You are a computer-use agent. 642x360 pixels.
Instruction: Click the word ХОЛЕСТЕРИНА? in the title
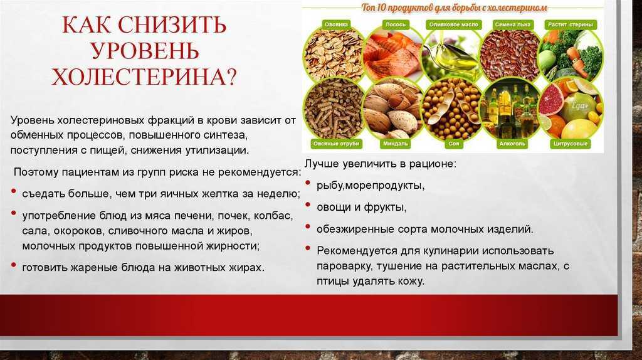click(144, 77)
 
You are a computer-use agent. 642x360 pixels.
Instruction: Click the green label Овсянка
click(336, 24)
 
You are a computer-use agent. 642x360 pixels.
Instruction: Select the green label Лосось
click(395, 24)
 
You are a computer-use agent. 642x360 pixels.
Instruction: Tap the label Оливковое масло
click(454, 24)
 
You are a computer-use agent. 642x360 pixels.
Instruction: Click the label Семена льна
click(513, 24)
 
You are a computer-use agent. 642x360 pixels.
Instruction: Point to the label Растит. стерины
click(571, 24)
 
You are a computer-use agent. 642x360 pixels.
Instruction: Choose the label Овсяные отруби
click(336, 144)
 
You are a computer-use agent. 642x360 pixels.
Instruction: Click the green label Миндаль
click(396, 144)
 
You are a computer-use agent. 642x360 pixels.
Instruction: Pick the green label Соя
click(454, 144)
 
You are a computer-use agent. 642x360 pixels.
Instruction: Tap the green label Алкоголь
click(512, 144)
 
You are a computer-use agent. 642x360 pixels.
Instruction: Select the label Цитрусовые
click(571, 144)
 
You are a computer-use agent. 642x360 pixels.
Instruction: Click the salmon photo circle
click(393, 53)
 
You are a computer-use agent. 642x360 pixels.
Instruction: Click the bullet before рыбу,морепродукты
click(308, 183)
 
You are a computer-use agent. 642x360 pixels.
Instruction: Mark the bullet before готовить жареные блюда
click(14, 265)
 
